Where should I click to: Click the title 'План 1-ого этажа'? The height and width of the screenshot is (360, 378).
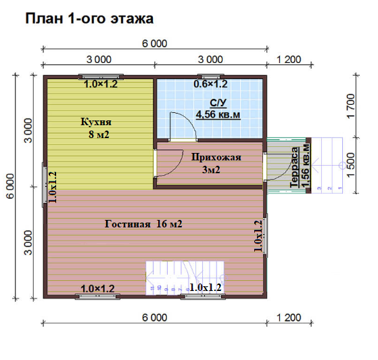click(89, 18)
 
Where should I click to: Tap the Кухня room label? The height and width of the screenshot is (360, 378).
click(96, 122)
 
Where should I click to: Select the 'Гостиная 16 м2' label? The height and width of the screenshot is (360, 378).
click(143, 224)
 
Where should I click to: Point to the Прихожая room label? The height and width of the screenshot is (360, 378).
click(216, 157)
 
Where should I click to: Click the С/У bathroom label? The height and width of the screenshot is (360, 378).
click(218, 103)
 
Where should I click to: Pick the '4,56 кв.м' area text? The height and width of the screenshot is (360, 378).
click(218, 114)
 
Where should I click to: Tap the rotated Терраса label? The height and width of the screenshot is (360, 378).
click(295, 167)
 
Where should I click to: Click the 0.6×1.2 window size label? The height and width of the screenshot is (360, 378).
click(210, 84)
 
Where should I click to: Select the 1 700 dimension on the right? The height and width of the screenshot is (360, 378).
click(351, 106)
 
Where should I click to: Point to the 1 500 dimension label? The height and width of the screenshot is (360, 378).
click(351, 165)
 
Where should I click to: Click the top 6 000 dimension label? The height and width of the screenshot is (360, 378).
click(155, 44)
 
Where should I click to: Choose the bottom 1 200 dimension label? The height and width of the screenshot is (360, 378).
click(289, 317)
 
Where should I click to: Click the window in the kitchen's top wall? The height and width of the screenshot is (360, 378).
click(101, 77)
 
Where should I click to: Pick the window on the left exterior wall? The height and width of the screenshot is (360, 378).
click(45, 185)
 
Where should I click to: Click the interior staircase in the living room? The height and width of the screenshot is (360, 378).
click(185, 277)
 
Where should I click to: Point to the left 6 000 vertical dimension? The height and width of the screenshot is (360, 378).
click(11, 186)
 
